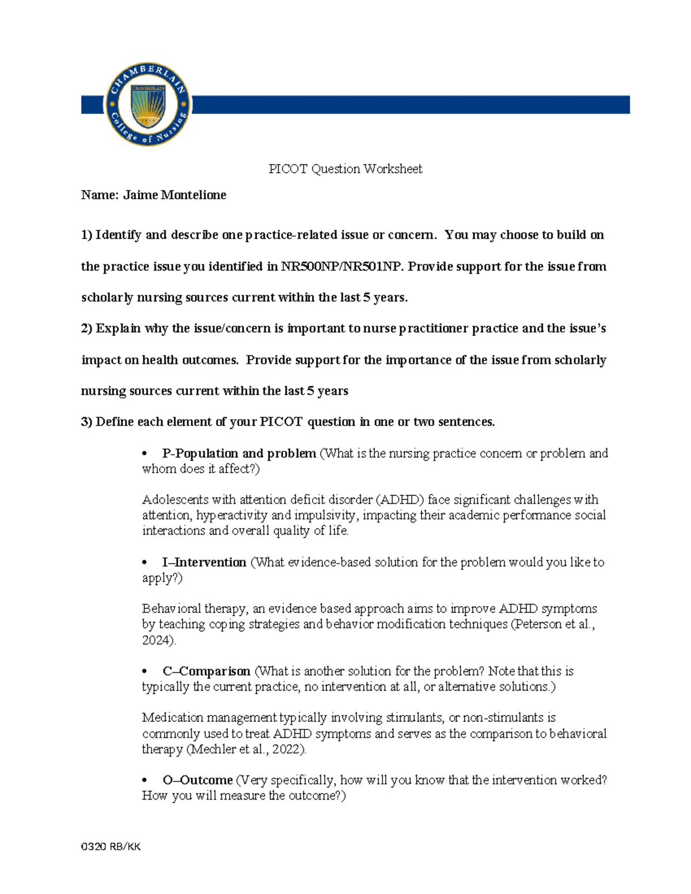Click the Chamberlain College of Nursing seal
tap(148, 104)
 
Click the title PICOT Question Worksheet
tap(345, 169)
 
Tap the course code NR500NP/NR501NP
tap(342, 267)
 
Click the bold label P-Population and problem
tap(239, 454)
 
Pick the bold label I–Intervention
tap(204, 562)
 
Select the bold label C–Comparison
tap(206, 671)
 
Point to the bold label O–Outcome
tap(198, 780)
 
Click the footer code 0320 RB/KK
tap(111, 846)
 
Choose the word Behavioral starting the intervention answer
tap(169, 609)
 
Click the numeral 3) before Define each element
tap(86, 422)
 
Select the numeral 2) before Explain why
tap(86, 329)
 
